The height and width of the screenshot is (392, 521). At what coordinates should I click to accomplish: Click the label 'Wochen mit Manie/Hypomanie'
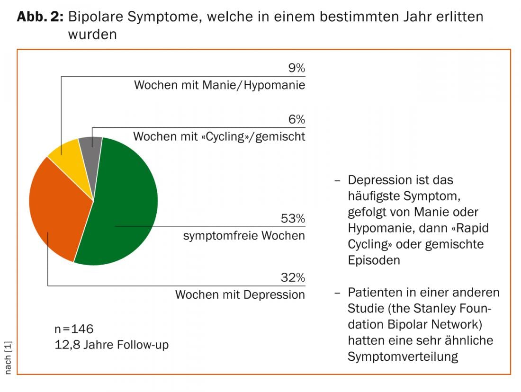(220, 86)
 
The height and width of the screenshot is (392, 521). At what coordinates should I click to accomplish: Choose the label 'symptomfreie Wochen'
(244, 236)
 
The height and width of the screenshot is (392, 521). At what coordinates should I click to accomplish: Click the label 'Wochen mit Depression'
(240, 294)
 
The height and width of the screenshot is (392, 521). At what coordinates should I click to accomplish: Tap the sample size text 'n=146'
(74, 329)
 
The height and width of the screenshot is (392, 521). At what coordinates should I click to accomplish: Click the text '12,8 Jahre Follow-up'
(112, 345)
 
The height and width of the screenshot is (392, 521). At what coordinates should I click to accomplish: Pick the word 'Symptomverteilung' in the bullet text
(403, 356)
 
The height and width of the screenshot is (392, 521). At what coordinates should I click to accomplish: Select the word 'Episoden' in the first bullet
(374, 260)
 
